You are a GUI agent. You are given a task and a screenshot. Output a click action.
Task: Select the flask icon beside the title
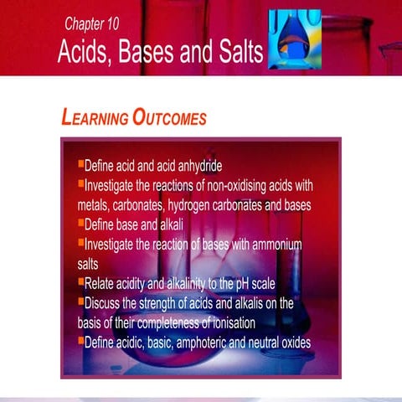tap(293, 41)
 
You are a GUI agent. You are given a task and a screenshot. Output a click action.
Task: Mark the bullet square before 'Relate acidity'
tap(80, 282)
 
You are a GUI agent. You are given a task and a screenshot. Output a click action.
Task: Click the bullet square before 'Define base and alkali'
tap(80, 224)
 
